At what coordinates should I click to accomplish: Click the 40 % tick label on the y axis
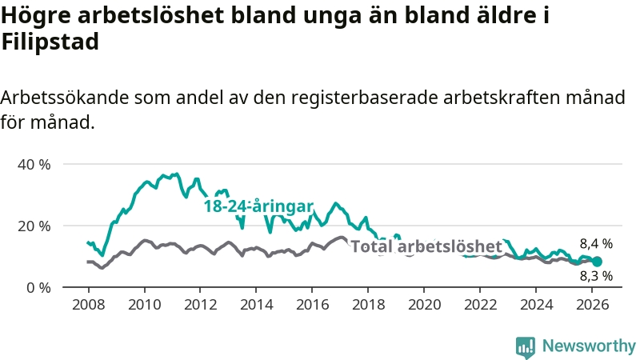(34, 164)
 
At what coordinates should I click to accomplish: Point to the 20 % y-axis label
(34, 226)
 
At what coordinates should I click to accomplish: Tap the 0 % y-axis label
(38, 286)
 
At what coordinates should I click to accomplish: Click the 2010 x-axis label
(144, 305)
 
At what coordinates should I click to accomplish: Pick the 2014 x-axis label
(256, 305)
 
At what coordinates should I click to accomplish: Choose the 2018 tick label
(369, 305)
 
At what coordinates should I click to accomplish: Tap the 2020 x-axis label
(425, 305)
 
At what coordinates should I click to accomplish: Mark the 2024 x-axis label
(537, 305)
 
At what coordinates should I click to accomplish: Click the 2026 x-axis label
(593, 305)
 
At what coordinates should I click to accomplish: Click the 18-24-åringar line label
(258, 206)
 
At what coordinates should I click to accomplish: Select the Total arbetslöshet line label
(426, 246)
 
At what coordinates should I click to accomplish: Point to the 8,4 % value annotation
(596, 243)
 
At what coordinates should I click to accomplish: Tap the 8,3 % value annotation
(596, 276)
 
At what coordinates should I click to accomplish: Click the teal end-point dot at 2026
(597, 261)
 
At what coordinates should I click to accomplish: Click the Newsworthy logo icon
(526, 346)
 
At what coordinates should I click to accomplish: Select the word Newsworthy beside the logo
(589, 346)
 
